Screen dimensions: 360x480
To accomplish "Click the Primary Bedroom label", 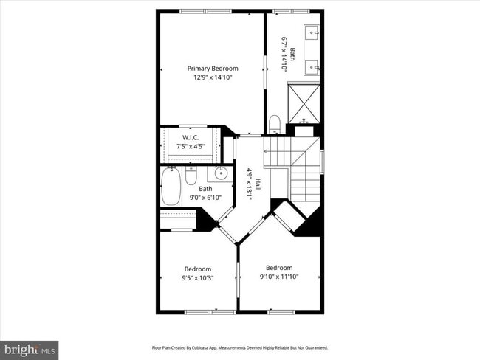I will pyautogui.click(x=212, y=69).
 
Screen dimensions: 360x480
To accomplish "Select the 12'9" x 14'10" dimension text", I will pyautogui.click(x=212, y=77).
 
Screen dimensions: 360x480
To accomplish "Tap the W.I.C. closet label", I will pyautogui.click(x=191, y=138).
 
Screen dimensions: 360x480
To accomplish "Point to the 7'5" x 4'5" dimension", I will pyautogui.click(x=191, y=146).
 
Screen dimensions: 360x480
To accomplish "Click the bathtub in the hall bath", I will pyautogui.click(x=171, y=187).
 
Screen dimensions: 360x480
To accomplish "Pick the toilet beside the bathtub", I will pyautogui.click(x=191, y=176).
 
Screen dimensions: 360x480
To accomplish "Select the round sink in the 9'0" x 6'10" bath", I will pyautogui.click(x=220, y=174).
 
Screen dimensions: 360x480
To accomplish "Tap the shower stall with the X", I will pyautogui.click(x=304, y=103).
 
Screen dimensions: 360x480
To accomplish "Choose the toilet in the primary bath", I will pyautogui.click(x=274, y=123).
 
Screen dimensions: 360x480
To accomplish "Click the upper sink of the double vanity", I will pyautogui.click(x=312, y=32).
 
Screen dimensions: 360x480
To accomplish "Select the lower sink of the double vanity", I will pyautogui.click(x=312, y=67).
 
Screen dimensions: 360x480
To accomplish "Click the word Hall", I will pyautogui.click(x=258, y=184).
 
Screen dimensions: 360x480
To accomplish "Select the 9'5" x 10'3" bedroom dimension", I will pyautogui.click(x=198, y=278).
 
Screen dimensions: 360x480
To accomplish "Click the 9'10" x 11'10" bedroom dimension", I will pyautogui.click(x=279, y=277).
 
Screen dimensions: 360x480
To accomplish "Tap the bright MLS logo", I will pyautogui.click(x=30, y=350).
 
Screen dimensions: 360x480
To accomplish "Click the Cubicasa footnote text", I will pyautogui.click(x=239, y=347).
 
